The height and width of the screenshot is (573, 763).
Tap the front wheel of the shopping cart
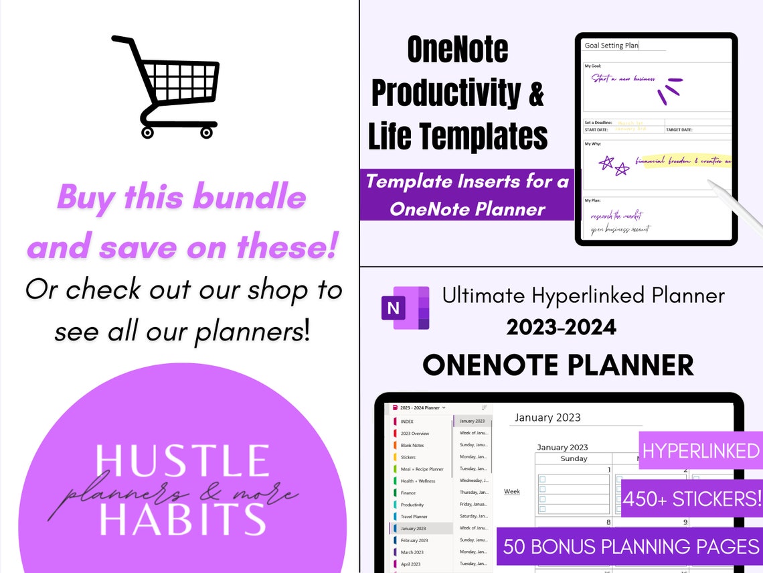[206, 133]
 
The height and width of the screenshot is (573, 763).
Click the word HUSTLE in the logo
[182, 462]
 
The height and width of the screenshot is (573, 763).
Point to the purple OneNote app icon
[405, 308]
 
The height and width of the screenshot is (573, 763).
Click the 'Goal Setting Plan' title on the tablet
[612, 46]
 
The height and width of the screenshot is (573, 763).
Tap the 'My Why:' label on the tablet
[593, 143]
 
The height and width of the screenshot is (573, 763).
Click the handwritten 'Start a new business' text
[623, 78]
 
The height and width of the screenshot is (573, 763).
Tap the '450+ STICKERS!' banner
[692, 499]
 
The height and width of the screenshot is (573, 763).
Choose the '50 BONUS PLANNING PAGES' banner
[630, 546]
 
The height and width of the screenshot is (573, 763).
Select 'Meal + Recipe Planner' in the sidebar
[422, 469]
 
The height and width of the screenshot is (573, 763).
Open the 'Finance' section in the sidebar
[408, 493]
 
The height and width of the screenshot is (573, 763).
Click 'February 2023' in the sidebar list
[414, 540]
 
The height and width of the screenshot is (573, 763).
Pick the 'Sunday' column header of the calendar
[574, 459]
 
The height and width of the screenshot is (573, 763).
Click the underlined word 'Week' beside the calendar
[512, 491]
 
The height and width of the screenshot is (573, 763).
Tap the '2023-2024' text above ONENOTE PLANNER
[561, 327]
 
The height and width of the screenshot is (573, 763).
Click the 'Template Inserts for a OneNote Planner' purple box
[467, 195]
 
